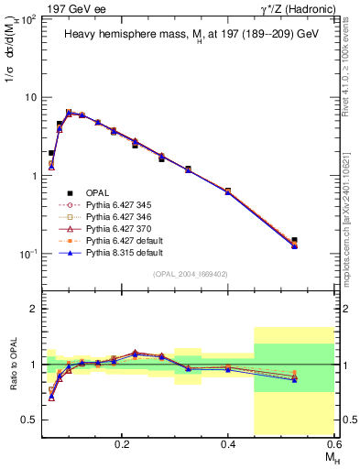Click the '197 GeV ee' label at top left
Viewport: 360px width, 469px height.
(x=73, y=7)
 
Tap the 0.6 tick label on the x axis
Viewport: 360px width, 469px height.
(x=334, y=442)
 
